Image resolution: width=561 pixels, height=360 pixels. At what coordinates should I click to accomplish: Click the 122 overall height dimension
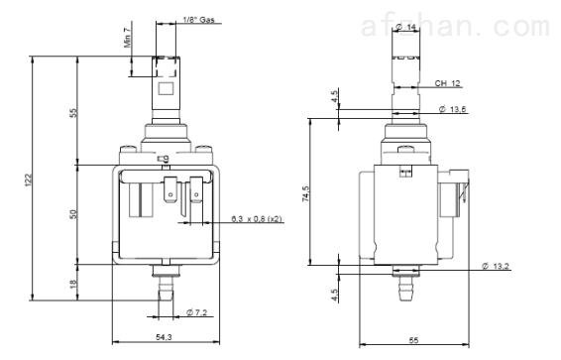[29, 180]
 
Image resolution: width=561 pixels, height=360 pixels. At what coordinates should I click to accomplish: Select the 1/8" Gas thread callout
[198, 19]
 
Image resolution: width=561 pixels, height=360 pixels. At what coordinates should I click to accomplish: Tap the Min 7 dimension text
[128, 38]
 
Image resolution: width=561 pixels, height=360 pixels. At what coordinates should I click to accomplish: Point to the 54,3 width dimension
[164, 337]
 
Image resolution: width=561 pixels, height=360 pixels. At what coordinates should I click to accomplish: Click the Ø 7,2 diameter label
[197, 312]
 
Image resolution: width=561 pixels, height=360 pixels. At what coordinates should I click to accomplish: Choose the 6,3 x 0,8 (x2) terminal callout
[257, 218]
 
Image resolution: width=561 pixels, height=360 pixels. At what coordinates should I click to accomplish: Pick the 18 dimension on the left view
[73, 284]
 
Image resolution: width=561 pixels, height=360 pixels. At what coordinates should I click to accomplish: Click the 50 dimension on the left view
[73, 214]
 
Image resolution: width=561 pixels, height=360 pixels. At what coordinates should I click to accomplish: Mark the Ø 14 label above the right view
[406, 27]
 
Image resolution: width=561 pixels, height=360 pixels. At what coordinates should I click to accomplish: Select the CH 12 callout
[447, 83]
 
